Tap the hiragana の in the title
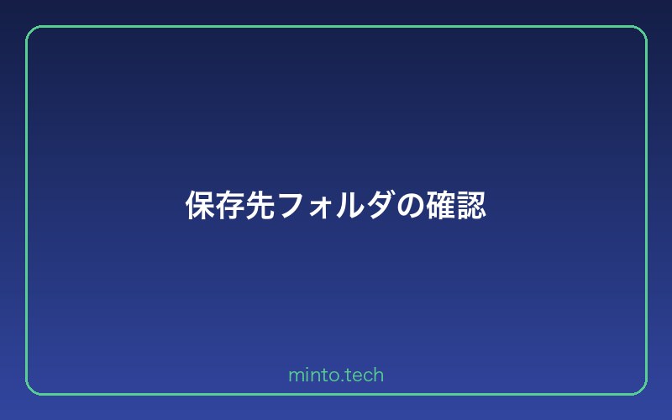click(x=411, y=207)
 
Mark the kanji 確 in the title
click(x=441, y=206)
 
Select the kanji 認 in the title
click(x=471, y=206)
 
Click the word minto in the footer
click(x=310, y=375)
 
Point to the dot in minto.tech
click(x=339, y=380)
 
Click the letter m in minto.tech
click(x=295, y=376)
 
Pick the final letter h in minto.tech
click(x=379, y=375)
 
